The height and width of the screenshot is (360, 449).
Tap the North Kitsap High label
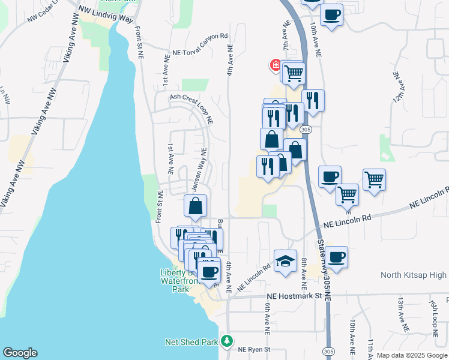point(414,275)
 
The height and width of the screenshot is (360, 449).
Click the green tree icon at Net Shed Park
point(226,342)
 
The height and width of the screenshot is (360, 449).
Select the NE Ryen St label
point(255,349)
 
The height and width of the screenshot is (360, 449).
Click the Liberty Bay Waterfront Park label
point(176,280)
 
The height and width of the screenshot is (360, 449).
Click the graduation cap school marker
point(286,261)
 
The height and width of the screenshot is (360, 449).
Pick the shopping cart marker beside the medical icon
point(294,74)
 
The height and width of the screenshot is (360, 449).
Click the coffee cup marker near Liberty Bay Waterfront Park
point(209,271)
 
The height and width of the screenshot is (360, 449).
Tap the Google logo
point(20,353)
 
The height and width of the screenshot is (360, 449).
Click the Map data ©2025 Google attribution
point(411,355)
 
